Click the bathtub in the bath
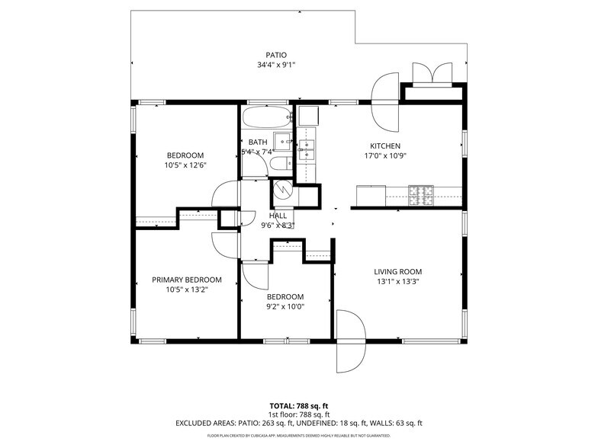pos(267,118)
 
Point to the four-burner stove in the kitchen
pos(420,196)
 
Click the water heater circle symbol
pos(281,187)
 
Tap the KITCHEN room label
pos(385,146)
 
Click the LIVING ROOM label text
pos(397,271)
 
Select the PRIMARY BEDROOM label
pos(186,280)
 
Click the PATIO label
pos(275,55)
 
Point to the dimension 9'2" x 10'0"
pos(285,307)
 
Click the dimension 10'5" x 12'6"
pos(185,165)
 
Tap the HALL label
pos(278,216)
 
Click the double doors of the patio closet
pos(432,74)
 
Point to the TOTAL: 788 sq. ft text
pos(298,406)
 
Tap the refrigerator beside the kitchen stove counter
pos(371,196)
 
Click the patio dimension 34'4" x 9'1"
pos(275,65)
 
